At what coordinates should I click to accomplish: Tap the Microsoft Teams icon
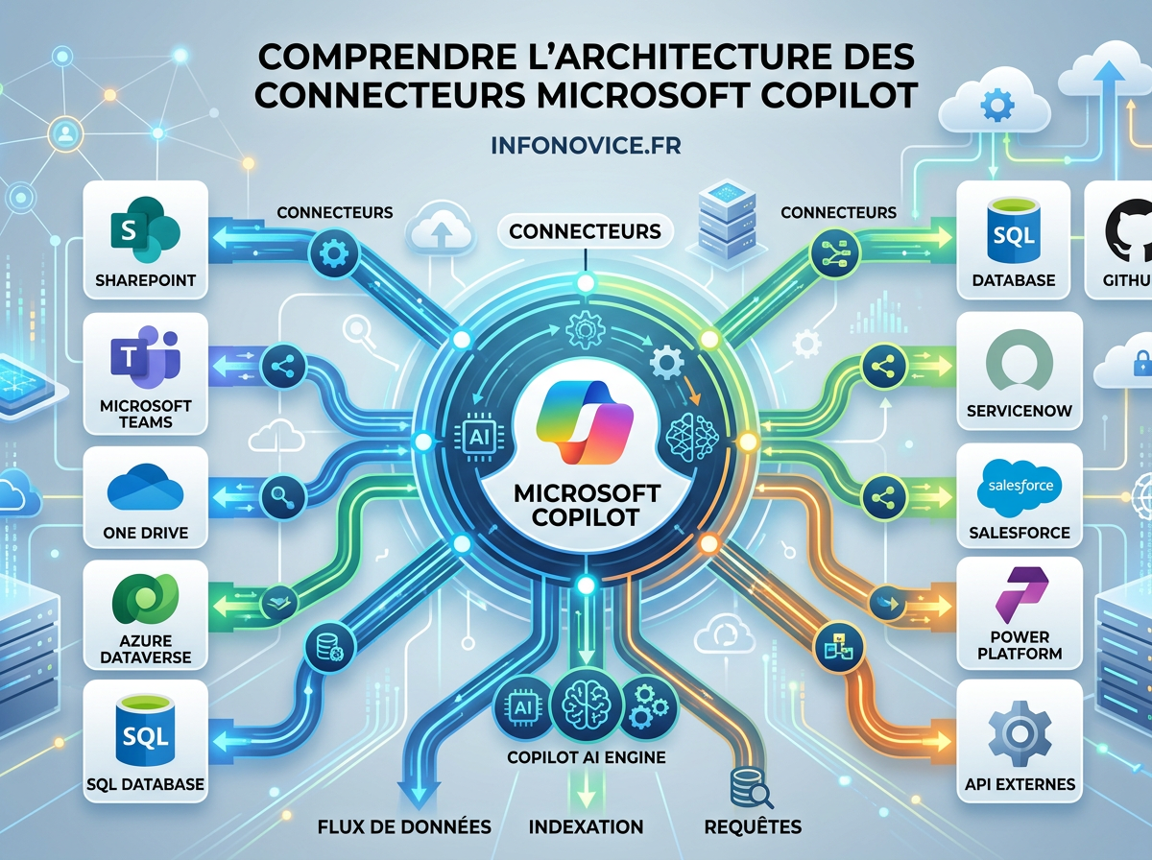pyautogui.click(x=146, y=359)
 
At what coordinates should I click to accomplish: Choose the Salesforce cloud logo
pyautogui.click(x=1020, y=488)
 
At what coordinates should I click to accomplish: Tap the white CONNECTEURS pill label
pyautogui.click(x=585, y=231)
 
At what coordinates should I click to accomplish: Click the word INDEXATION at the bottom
pyautogui.click(x=586, y=826)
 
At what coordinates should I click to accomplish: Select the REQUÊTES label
pyautogui.click(x=752, y=826)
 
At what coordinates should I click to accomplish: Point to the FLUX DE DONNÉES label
pyautogui.click(x=403, y=826)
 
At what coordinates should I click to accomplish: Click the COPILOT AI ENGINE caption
pyautogui.click(x=586, y=757)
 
